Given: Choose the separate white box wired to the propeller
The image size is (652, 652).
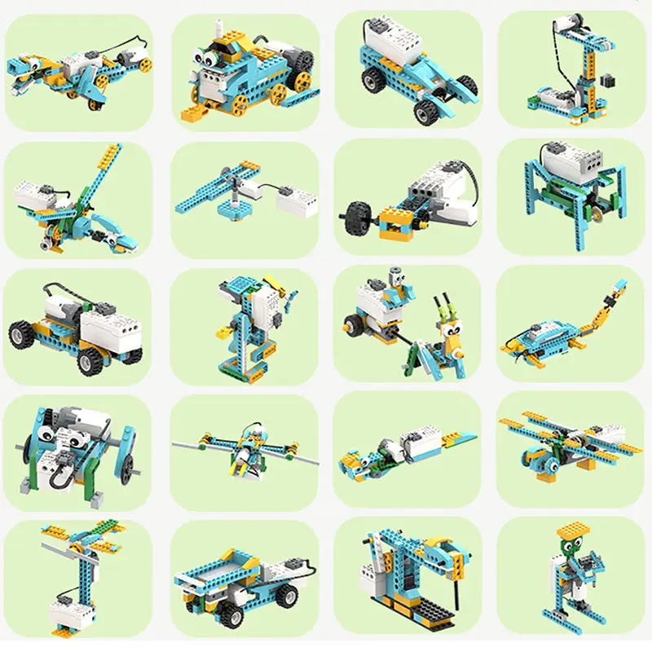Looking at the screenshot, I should [296, 196].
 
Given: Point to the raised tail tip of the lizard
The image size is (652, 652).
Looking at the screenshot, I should [621, 286].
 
